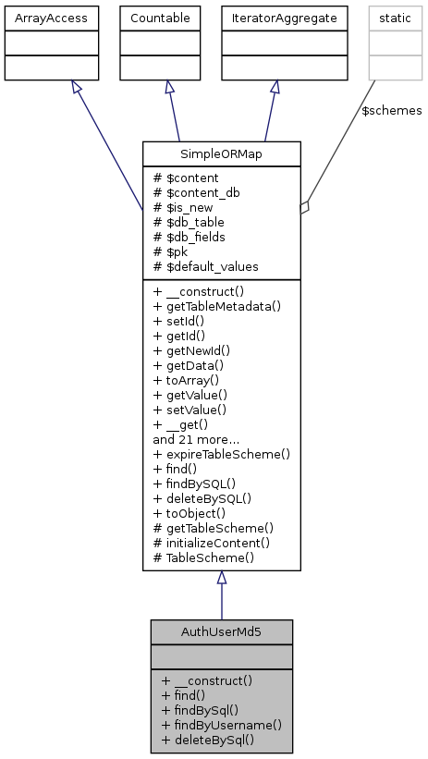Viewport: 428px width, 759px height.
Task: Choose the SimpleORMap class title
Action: (x=221, y=153)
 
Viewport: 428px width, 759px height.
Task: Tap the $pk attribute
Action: (x=174, y=251)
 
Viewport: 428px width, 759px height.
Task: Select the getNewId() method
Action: (x=191, y=350)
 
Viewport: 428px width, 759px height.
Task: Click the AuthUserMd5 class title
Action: (x=221, y=631)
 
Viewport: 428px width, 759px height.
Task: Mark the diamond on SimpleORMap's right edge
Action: (x=305, y=209)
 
